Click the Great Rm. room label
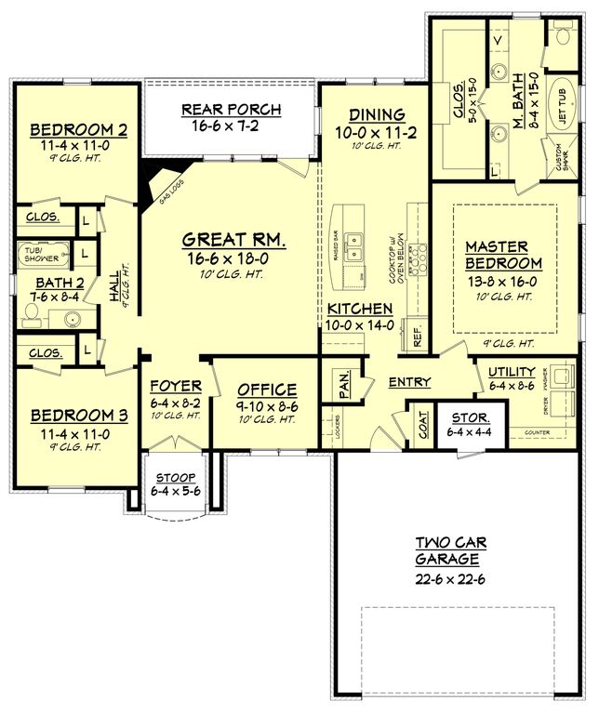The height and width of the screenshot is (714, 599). pos(233,240)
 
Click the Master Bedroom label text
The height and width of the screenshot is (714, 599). pos(497,255)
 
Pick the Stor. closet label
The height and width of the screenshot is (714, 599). pos(470,416)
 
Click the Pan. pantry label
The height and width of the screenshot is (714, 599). pos(344,381)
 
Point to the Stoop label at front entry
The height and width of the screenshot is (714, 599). pos(175,477)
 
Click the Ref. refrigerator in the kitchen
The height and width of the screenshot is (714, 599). pos(416,336)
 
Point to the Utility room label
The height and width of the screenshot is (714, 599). pos(511,372)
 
